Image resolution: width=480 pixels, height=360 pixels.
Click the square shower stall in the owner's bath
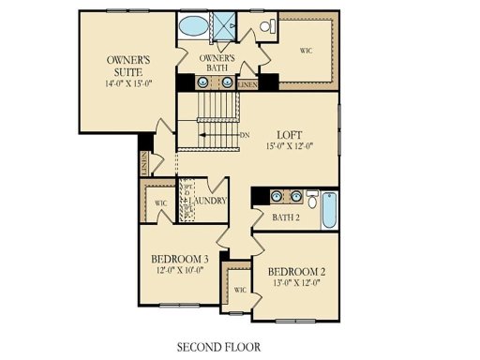pyautogui.click(x=227, y=25)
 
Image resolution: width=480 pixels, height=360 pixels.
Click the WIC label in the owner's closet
pyautogui.click(x=306, y=50)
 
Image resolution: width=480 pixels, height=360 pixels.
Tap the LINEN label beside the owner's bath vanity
pyautogui.click(x=247, y=84)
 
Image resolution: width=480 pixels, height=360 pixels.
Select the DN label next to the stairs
pyautogui.click(x=246, y=137)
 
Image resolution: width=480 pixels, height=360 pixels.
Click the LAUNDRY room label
pyautogui.click(x=208, y=201)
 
